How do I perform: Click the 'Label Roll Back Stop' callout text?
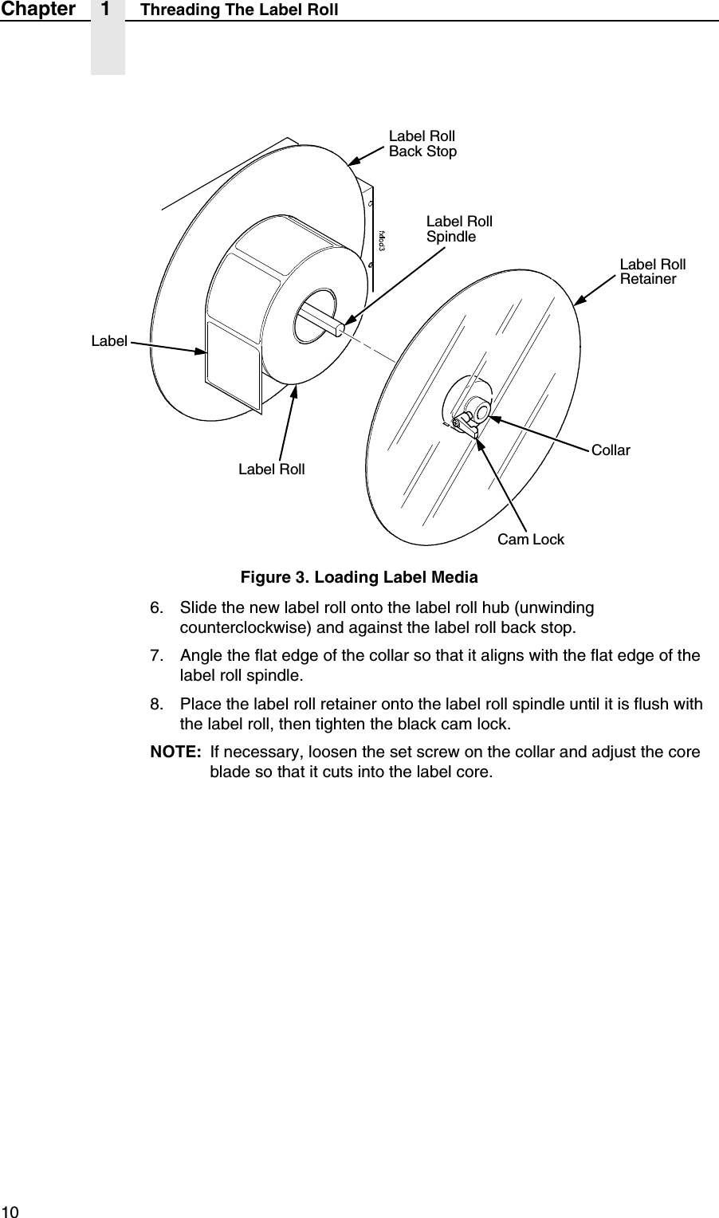pos(422,143)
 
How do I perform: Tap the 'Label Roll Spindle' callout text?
pos(459,229)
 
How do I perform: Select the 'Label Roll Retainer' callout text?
pos(653,272)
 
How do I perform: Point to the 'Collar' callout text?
pos(611,450)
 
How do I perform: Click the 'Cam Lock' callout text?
pos(530,540)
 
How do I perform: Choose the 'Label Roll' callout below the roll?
pos(271,470)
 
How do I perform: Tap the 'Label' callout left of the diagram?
pos(109,341)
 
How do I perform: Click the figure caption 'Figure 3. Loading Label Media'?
pos(359,576)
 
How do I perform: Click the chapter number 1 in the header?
pos(107,10)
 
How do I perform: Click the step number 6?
pos(158,608)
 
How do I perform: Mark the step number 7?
pos(158,656)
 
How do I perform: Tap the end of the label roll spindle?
pos(341,327)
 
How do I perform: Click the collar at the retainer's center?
pos(481,411)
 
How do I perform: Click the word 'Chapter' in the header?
pos(37,10)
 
